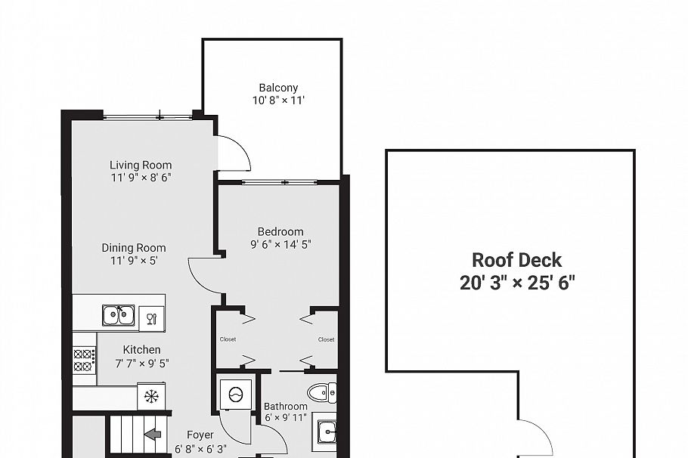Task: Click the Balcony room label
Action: [278, 88]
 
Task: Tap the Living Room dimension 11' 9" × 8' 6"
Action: [141, 178]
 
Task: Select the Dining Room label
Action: [134, 248]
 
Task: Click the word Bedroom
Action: [280, 232]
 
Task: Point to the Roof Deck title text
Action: [517, 261]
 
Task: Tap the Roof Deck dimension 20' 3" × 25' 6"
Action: [517, 283]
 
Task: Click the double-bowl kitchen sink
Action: [119, 315]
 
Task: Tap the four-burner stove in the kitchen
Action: [84, 360]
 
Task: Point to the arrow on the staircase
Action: [153, 435]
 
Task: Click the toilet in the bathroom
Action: [322, 392]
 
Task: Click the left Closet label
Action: [228, 340]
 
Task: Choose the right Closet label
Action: [326, 340]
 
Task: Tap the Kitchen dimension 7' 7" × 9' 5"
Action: [142, 363]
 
